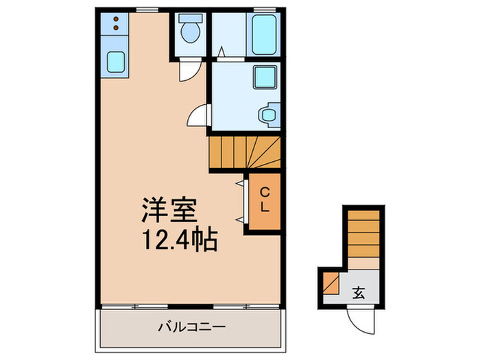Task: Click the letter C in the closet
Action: coord(264,192)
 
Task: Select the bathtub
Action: coord(263,34)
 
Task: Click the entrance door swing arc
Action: coord(361,318)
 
